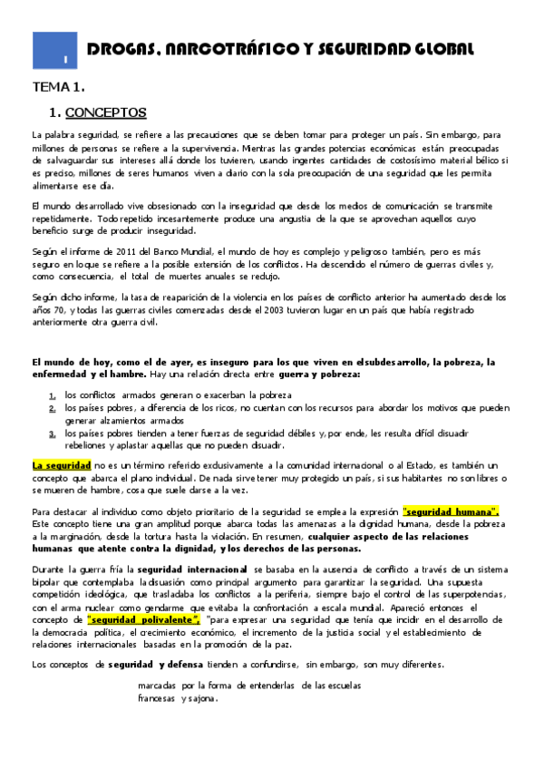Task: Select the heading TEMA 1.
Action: [x=59, y=87]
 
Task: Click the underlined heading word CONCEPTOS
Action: [x=106, y=113]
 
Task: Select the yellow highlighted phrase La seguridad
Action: [x=55, y=465]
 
